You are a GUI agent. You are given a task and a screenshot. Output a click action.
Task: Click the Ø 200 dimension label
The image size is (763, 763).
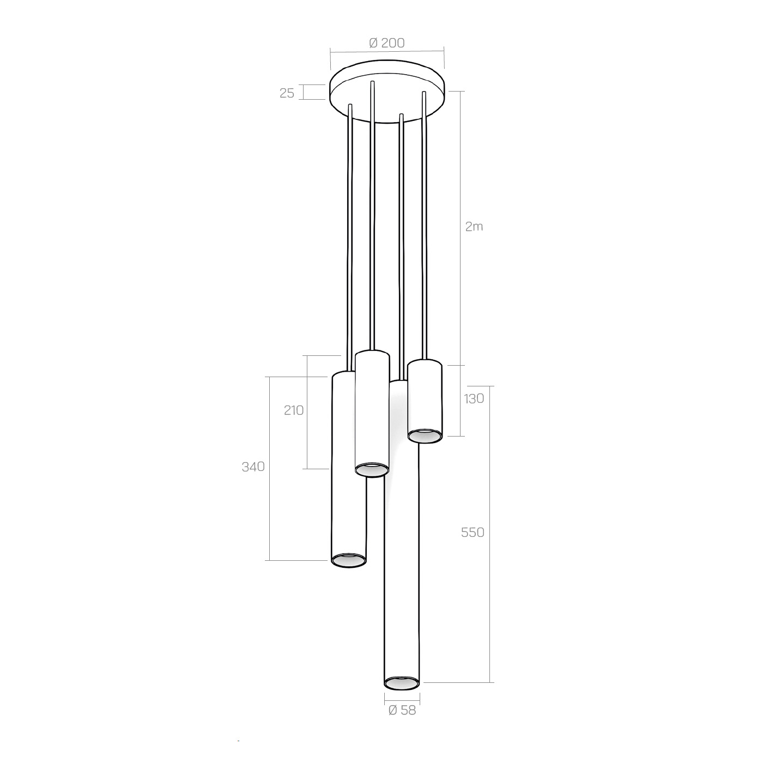click(x=386, y=43)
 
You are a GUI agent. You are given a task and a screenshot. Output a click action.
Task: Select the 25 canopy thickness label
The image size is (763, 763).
click(x=287, y=93)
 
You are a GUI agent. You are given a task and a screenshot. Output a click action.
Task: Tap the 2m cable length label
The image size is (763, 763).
click(x=474, y=227)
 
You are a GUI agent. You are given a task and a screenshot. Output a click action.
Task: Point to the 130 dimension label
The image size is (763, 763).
click(x=474, y=398)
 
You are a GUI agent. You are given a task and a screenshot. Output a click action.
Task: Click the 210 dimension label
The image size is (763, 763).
click(x=293, y=410)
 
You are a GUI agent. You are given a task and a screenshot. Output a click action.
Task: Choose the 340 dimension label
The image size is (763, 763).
click(x=253, y=467)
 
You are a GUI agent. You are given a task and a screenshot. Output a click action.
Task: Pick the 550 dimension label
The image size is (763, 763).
click(x=472, y=532)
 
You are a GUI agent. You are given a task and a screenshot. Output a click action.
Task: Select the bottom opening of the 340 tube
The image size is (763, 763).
click(x=349, y=560)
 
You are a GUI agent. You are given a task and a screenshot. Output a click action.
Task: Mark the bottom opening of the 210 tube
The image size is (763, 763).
click(x=372, y=469)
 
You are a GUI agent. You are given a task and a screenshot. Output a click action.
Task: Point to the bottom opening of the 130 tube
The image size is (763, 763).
click(x=425, y=435)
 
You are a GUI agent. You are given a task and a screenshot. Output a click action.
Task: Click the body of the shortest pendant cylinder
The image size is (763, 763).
click(x=425, y=398)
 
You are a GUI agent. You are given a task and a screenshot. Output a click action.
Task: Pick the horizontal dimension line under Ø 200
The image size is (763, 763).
click(x=387, y=51)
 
